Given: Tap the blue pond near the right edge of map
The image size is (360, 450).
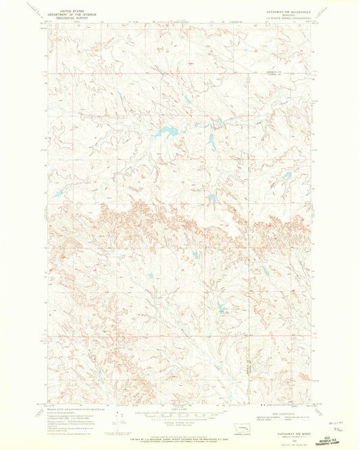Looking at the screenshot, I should click(x=286, y=176).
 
